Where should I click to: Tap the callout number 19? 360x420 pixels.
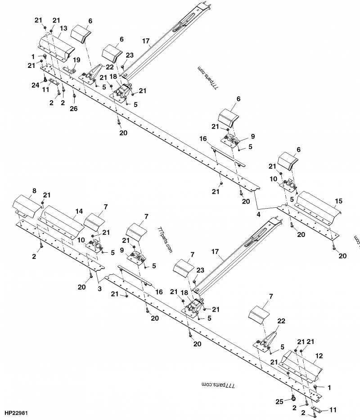76,60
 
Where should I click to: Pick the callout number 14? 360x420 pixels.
79,210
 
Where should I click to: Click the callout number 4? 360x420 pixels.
258,214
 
